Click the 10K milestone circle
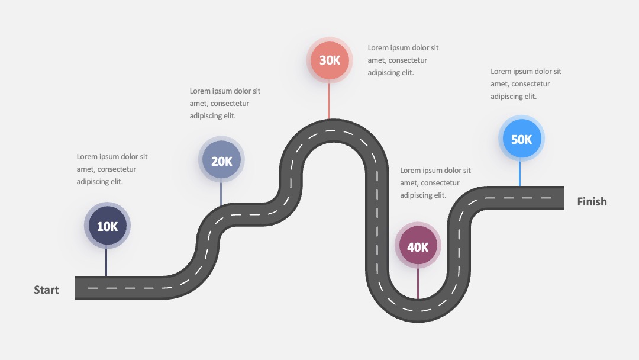click(107, 226)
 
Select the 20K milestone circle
click(221, 159)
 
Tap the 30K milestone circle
click(330, 60)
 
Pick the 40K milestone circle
click(418, 246)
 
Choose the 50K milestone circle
click(521, 139)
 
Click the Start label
click(46, 290)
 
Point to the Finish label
click(592, 201)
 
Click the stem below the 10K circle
click(106, 262)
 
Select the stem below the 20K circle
click(221, 194)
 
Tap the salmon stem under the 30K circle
click(328, 101)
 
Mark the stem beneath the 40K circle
click(418, 284)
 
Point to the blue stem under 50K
click(519, 173)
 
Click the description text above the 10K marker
click(112, 169)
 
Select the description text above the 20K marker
click(225, 104)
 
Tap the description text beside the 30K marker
click(403, 60)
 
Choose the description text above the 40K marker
click(435, 182)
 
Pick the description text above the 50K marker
click(526, 84)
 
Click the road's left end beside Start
click(76, 288)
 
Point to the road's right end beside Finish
click(563, 198)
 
